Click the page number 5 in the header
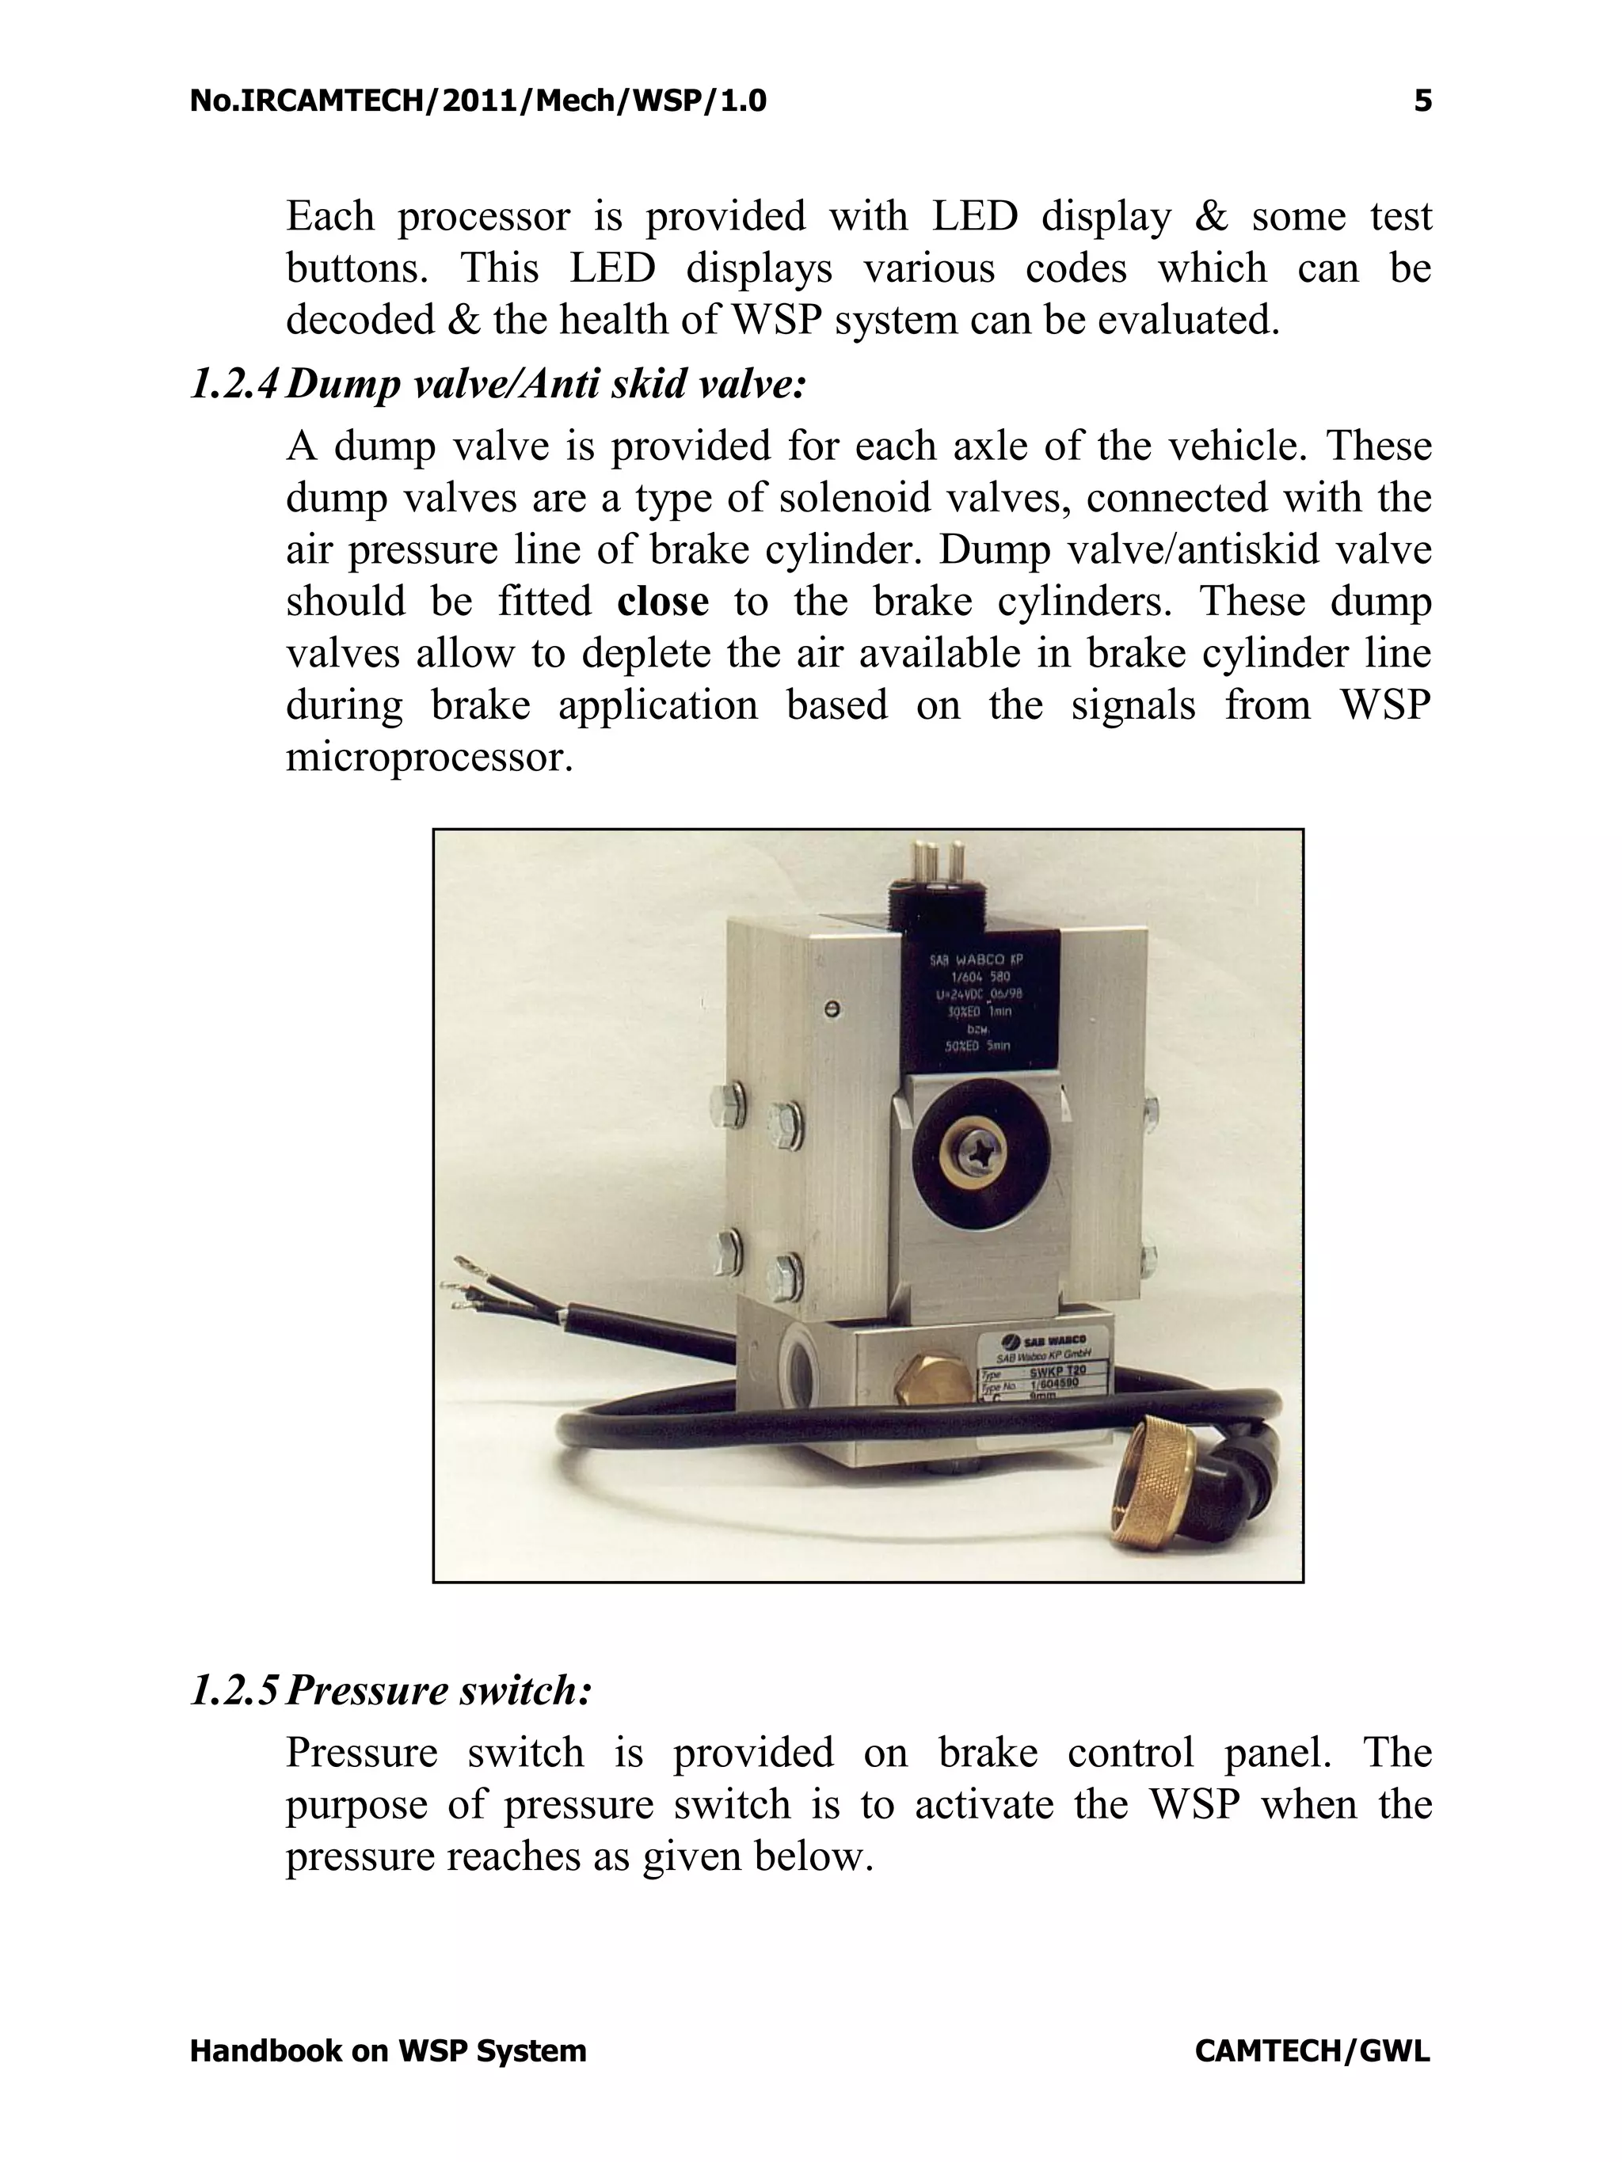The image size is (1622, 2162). pos(1422,101)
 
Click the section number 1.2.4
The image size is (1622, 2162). pos(234,384)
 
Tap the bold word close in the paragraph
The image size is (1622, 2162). pos(662,601)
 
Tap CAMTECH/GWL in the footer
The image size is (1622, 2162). pos(1311,2050)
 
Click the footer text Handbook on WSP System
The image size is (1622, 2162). pos(388,2050)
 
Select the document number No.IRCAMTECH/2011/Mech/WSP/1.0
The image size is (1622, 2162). pos(478,101)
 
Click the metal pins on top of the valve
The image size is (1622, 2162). pos(937,860)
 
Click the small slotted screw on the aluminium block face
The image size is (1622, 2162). pos(833,1008)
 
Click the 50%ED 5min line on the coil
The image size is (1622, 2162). pos(977,1046)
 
